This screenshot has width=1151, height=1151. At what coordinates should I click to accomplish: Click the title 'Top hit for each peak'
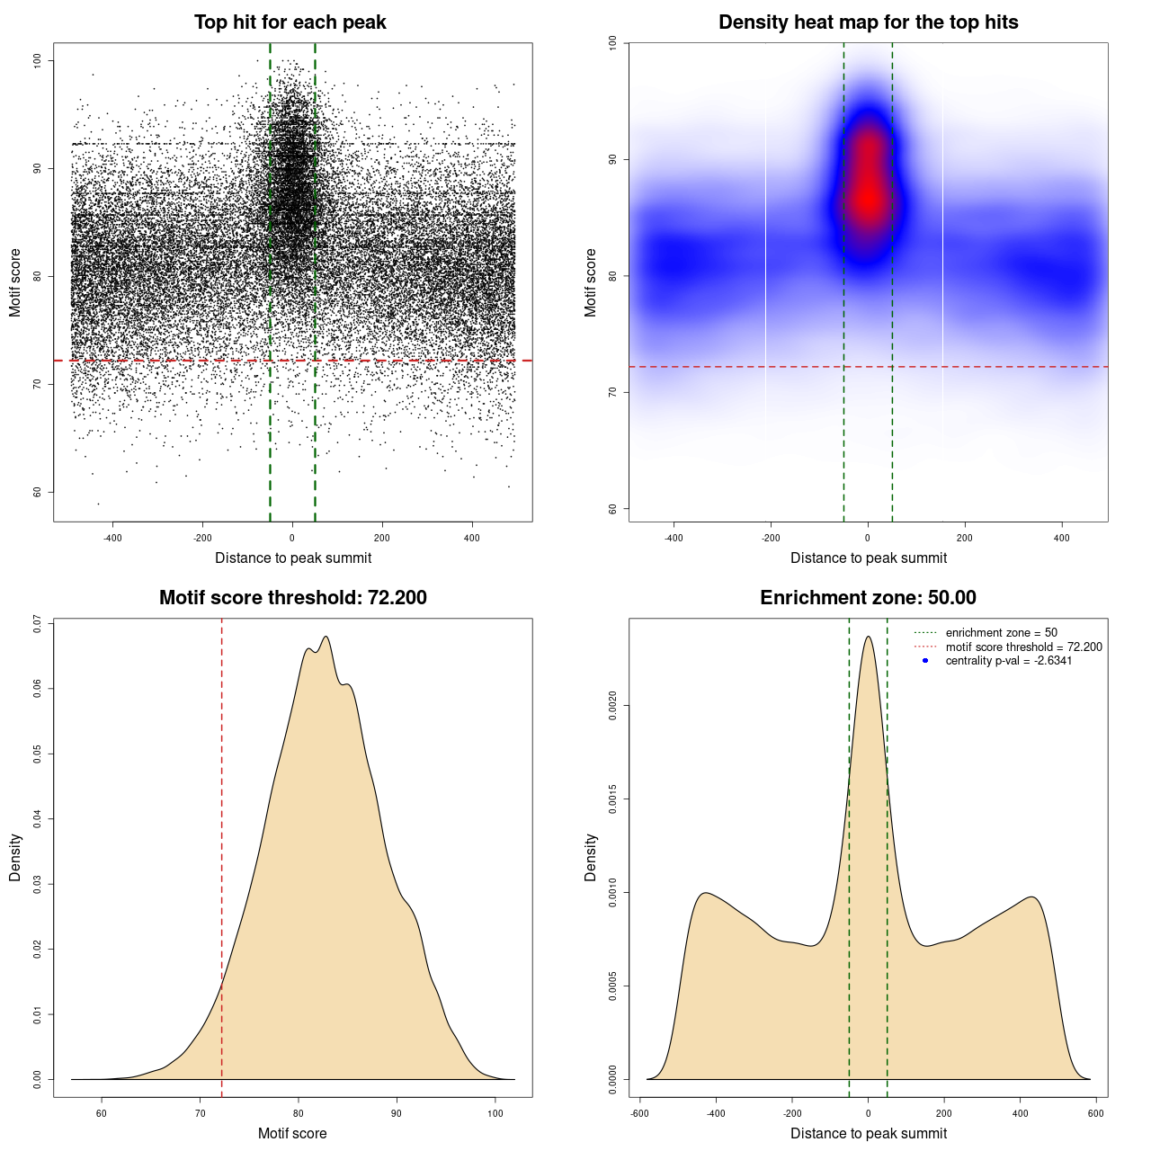(x=290, y=22)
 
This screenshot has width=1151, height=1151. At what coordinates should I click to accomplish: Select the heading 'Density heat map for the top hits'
(x=868, y=22)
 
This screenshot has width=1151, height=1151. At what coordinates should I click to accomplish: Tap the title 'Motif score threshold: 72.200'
(x=292, y=598)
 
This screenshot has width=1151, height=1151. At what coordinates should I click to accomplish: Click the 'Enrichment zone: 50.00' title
(x=868, y=598)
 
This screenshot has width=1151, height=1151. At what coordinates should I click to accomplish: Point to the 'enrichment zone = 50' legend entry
(x=1001, y=633)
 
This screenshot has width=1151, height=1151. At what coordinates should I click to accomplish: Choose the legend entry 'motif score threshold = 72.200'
(x=1023, y=647)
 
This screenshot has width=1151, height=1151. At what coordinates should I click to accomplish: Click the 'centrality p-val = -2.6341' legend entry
(x=1008, y=661)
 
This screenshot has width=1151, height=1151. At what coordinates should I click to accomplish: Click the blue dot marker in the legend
(x=925, y=661)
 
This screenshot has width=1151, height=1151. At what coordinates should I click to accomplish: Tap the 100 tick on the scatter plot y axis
(x=37, y=60)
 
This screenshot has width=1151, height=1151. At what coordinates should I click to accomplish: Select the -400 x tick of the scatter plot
(x=112, y=539)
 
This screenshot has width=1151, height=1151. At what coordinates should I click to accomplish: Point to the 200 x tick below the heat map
(x=965, y=539)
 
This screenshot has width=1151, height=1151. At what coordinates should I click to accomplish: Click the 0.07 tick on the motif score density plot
(x=37, y=624)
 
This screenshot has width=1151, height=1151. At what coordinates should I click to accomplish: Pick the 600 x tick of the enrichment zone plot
(x=1095, y=1113)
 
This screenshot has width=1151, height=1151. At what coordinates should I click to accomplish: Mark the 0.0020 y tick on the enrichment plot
(x=612, y=706)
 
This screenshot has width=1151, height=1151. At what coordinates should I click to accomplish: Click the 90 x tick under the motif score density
(x=397, y=1113)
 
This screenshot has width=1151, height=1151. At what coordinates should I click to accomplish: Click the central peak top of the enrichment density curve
(x=868, y=638)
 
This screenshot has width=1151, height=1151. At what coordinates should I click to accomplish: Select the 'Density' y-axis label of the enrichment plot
(x=591, y=857)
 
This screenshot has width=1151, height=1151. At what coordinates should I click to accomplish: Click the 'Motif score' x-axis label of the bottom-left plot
(x=292, y=1133)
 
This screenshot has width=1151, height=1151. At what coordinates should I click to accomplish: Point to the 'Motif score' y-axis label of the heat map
(x=591, y=282)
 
